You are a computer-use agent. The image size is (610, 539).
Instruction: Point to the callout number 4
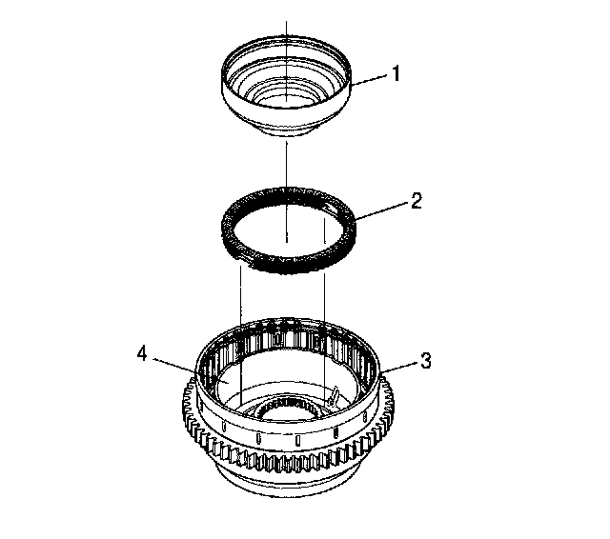(x=141, y=353)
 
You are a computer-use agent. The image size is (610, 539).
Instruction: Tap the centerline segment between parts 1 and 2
(x=286, y=162)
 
